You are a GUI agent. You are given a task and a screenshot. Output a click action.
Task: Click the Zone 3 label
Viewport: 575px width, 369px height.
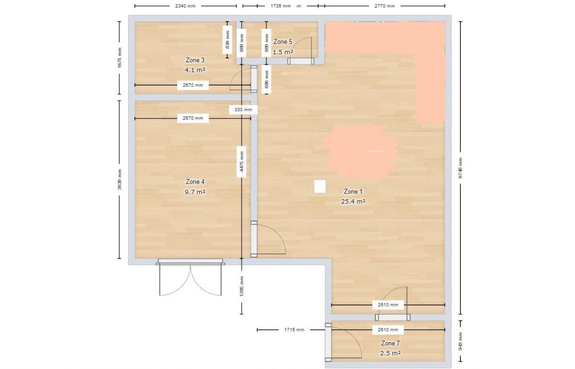pos(195,60)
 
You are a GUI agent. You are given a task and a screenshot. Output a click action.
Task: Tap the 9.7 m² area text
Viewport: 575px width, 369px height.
pos(195,192)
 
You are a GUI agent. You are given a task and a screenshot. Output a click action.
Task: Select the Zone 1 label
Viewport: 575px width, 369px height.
pos(353,192)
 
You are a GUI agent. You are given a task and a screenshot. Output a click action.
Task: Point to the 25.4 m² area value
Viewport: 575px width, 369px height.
pos(353,202)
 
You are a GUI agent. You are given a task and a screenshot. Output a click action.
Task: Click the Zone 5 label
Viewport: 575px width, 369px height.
pos(283,42)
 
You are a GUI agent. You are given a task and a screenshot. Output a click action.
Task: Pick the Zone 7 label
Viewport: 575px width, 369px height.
pos(390,343)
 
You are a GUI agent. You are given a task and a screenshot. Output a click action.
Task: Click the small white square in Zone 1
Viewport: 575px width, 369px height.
pos(320,186)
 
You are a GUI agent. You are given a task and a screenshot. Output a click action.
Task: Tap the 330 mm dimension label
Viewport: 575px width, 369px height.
pos(243,110)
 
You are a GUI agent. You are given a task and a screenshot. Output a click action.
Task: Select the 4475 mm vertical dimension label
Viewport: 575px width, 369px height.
pos(241,162)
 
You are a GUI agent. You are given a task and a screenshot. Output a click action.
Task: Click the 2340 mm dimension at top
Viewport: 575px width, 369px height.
pos(185,6)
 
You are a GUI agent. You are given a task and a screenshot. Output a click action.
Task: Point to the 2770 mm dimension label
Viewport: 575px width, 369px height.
pos(384,6)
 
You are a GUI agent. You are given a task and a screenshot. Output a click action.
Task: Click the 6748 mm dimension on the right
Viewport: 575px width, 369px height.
pos(460,168)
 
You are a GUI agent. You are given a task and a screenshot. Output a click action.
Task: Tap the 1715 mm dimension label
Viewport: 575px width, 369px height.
pos(294,330)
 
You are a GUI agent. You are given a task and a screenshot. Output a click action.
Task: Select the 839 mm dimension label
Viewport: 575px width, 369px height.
pos(227,40)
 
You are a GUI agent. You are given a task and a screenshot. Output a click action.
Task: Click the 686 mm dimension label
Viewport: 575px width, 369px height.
pos(266,79)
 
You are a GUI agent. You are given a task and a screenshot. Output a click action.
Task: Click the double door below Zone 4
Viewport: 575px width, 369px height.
pos(190,277)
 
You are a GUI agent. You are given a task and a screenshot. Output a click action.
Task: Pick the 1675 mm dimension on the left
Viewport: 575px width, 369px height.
pos(119,58)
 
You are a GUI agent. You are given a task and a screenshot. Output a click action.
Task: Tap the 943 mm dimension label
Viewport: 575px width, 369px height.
pos(460,341)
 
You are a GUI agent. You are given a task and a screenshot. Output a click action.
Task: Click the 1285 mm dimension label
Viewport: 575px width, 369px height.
pos(241,286)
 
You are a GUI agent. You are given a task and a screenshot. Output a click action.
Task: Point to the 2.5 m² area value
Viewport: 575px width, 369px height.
pos(390,353)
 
